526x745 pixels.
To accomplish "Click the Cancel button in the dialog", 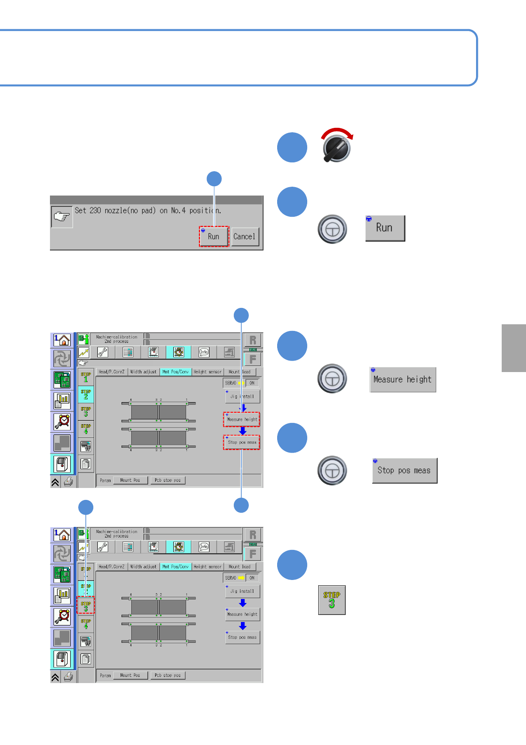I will pyautogui.click(x=244, y=237).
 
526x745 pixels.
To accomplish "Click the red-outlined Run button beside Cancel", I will pyautogui.click(x=213, y=237).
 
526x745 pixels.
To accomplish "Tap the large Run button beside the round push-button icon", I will pyautogui.click(x=385, y=228).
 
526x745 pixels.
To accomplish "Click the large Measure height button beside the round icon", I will pyautogui.click(x=402, y=380).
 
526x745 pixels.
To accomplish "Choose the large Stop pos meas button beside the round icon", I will pyautogui.click(x=404, y=471).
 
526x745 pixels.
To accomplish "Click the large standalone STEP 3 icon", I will pyautogui.click(x=332, y=600).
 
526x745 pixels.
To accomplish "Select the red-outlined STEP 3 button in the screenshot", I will pyautogui.click(x=86, y=605).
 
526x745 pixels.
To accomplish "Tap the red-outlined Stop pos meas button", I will pyautogui.click(x=242, y=442).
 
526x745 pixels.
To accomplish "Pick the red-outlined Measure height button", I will pyautogui.click(x=242, y=419).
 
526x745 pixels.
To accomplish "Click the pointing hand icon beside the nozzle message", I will pyautogui.click(x=61, y=217).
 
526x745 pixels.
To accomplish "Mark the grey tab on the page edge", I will pyautogui.click(x=514, y=348).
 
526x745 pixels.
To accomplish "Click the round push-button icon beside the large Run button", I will pyautogui.click(x=332, y=229).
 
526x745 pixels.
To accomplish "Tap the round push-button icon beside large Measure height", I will pyautogui.click(x=332, y=379).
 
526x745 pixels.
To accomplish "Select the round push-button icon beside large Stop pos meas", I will pyautogui.click(x=332, y=471).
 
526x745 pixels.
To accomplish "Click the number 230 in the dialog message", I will pyautogui.click(x=95, y=211).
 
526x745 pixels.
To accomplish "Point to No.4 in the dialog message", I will pyautogui.click(x=178, y=211).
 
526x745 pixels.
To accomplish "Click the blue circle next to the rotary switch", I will pyautogui.click(x=292, y=147).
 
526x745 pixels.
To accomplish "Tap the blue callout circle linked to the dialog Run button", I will pyautogui.click(x=214, y=179).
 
